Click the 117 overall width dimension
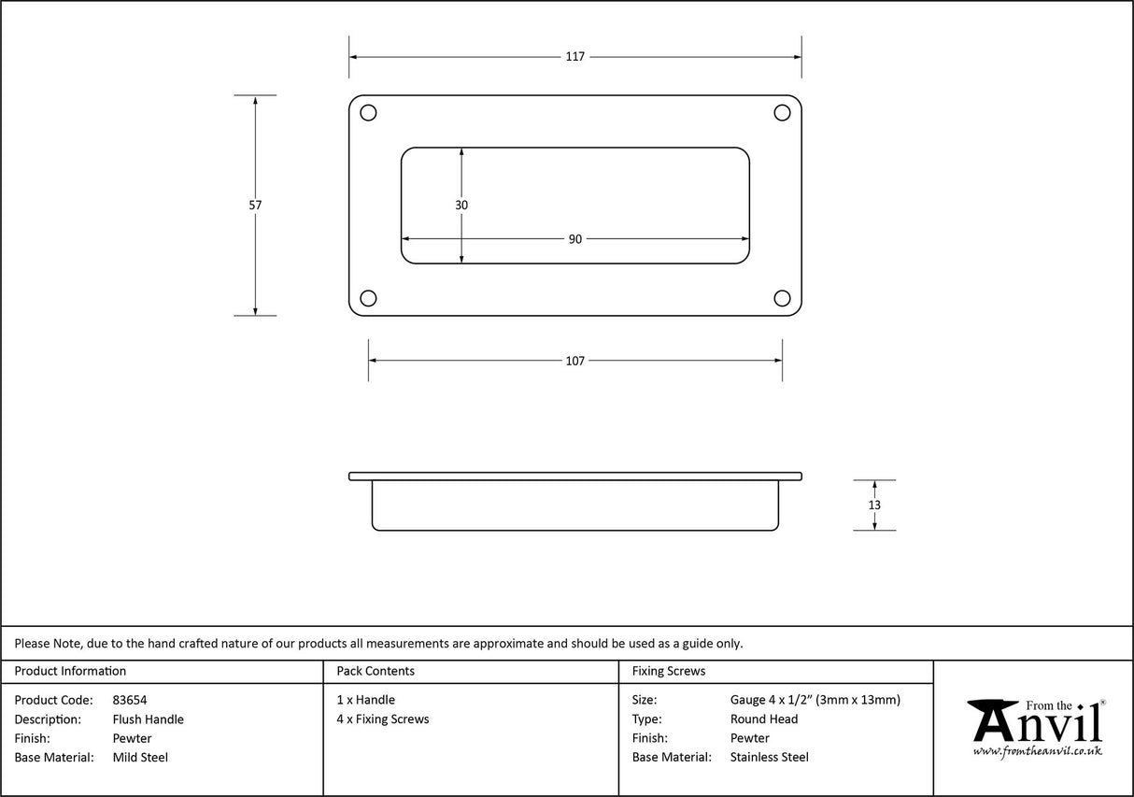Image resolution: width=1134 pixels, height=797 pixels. [574, 57]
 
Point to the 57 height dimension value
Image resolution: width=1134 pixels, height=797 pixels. [255, 206]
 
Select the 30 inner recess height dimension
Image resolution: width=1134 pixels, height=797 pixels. [461, 206]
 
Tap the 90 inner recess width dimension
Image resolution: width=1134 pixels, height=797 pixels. [574, 239]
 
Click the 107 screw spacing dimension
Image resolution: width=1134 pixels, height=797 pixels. [574, 361]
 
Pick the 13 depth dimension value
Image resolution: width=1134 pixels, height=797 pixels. [874, 505]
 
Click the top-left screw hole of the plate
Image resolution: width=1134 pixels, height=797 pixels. [368, 113]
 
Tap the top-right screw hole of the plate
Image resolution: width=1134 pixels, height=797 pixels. [783, 113]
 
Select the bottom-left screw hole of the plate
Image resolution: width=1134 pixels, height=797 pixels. [368, 298]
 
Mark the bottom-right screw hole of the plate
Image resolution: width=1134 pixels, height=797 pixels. [783, 298]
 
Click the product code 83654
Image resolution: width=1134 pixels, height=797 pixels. [130, 700]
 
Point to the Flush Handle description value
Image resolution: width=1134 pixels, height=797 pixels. [148, 719]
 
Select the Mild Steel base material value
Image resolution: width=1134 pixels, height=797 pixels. [140, 758]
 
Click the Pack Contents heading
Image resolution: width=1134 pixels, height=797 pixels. [376, 671]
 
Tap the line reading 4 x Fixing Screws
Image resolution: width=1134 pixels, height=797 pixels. [383, 719]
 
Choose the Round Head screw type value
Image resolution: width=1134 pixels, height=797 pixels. [764, 719]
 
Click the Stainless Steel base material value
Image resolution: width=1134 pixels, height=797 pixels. [770, 758]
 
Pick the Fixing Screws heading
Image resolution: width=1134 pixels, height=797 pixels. [669, 671]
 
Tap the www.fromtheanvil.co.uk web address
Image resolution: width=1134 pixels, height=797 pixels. [1037, 751]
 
